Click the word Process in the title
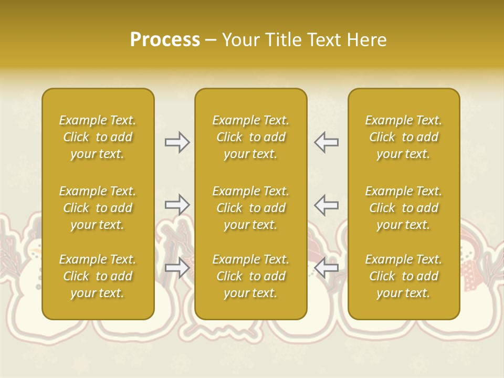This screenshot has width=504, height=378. click(165, 40)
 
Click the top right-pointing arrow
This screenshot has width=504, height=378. click(177, 142)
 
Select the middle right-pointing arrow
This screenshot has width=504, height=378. click(177, 204)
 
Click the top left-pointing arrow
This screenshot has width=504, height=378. click(326, 142)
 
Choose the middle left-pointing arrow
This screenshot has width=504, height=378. click(326, 204)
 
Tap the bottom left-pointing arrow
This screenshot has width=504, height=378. click(326, 268)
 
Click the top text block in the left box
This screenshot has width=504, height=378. click(98, 137)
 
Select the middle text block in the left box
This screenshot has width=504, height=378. click(98, 208)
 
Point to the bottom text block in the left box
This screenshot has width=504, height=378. click(98, 276)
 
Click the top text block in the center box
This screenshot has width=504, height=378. click(250, 137)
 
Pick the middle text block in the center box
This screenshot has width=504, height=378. click(250, 208)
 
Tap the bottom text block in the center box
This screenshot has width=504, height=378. click(250, 276)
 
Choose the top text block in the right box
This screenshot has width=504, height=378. click(403, 137)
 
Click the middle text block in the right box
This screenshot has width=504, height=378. click(403, 208)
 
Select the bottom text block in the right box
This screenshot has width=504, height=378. click(403, 276)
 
